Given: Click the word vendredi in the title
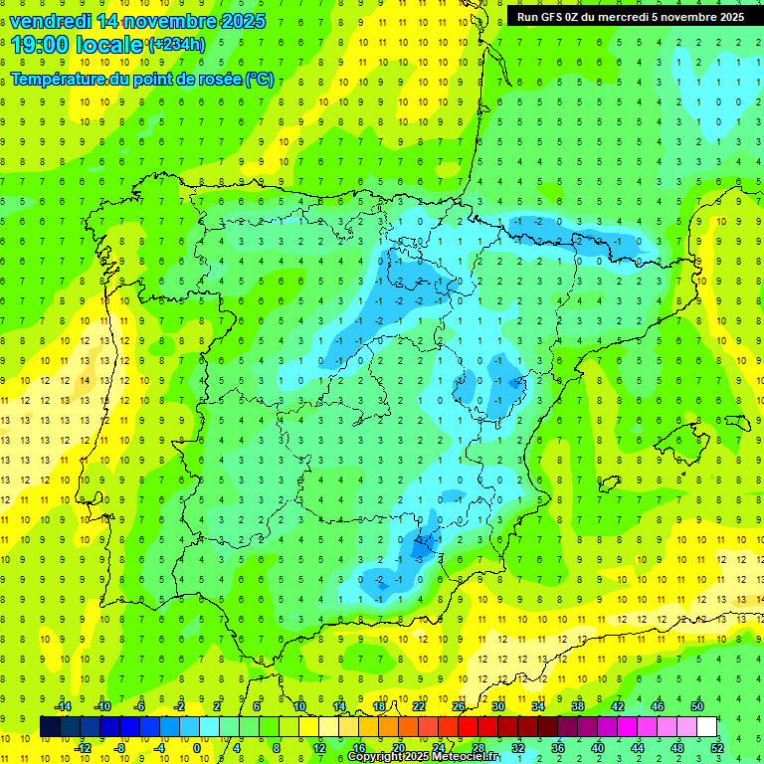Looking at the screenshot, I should [53, 21].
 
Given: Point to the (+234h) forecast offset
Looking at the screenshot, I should [176, 45].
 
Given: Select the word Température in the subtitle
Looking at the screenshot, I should [58, 79].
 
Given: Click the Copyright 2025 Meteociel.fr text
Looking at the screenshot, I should [424, 756].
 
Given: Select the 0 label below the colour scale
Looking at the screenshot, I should [197, 747].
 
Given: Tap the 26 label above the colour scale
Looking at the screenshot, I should [459, 706].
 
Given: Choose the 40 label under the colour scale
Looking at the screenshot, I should [598, 747].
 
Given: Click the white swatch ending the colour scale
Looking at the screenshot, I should [707, 726].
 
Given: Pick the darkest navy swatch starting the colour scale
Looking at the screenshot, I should [50, 726].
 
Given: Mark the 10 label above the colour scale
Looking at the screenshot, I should [299, 706].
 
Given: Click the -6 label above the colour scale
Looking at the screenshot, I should [140, 706].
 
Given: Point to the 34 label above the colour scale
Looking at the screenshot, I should [538, 706].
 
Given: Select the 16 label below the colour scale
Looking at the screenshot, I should [359, 747].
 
